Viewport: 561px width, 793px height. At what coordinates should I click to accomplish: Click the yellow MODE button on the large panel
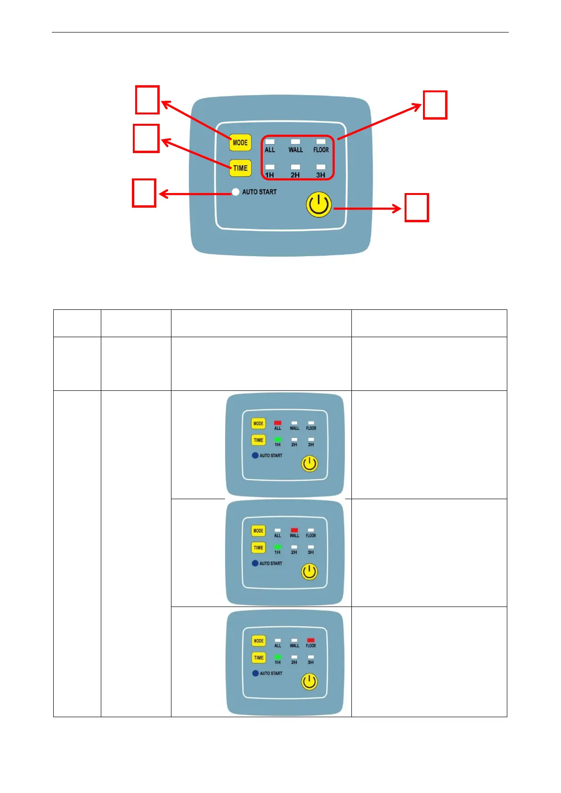[240, 142]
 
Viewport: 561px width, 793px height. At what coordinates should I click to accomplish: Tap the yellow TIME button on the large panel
[240, 168]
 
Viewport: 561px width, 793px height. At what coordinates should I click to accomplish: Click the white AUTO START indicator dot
[236, 192]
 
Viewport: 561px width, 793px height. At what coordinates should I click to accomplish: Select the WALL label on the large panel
[295, 150]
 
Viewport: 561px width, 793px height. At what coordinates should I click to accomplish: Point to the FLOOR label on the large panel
[321, 150]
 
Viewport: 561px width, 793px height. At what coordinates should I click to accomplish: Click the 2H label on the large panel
[295, 175]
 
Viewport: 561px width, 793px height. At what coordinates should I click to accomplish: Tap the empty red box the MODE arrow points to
[147, 100]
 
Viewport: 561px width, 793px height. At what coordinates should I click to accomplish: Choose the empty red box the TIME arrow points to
[146, 138]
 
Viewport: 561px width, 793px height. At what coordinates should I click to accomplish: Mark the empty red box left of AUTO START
[144, 193]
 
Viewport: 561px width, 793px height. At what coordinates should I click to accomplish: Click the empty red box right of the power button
[416, 208]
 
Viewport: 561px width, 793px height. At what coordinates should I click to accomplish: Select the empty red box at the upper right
[435, 105]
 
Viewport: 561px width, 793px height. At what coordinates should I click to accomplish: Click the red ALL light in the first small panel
[277, 423]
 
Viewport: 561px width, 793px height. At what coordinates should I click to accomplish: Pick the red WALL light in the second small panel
[294, 530]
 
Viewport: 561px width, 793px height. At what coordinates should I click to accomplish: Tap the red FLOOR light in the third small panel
[311, 640]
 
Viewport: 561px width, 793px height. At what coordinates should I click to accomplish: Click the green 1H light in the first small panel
[277, 439]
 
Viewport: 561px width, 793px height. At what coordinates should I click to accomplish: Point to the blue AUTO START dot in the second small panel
[255, 563]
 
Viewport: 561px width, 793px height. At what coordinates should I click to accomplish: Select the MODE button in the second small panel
[258, 531]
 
